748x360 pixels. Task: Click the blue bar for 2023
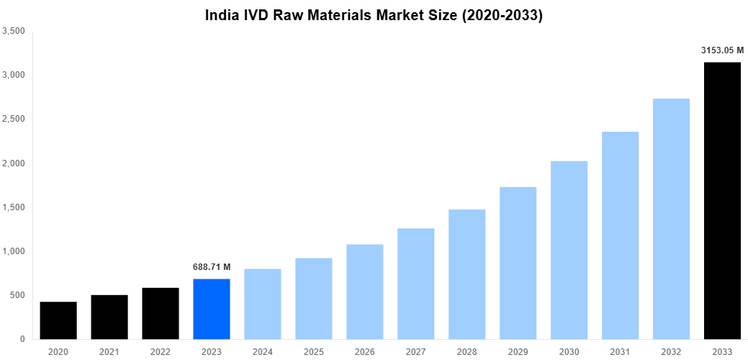[212, 309]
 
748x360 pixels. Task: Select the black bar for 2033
[722, 201]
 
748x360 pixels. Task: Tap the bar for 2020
[58, 320]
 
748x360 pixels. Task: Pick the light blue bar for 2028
[467, 274]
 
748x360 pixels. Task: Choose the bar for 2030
[569, 250]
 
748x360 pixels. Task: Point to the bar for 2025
[314, 298]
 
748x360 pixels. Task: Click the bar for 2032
[671, 219]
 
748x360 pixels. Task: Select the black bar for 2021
[109, 317]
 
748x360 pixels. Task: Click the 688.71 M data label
[212, 267]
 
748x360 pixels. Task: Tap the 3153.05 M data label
[722, 50]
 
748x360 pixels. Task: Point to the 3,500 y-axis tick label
[14, 31]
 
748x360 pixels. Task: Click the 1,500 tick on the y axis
[14, 207]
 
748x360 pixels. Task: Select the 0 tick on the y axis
[22, 339]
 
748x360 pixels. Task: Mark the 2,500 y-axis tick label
[14, 119]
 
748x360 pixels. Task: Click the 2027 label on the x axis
[416, 351]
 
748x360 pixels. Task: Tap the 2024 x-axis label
[263, 351]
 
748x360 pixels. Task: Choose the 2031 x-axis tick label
[620, 351]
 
